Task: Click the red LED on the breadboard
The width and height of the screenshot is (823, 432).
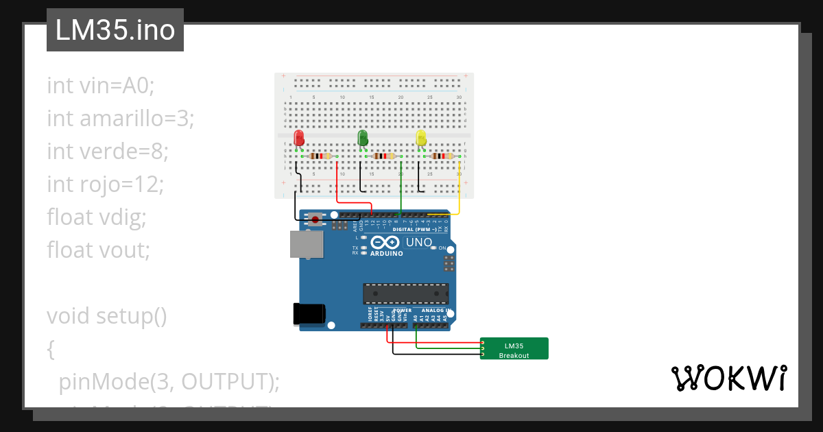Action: [x=298, y=138]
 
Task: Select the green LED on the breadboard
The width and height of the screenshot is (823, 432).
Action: [x=363, y=138]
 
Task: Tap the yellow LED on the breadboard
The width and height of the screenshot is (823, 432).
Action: [x=421, y=139]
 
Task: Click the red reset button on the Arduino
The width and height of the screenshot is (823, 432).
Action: [x=315, y=219]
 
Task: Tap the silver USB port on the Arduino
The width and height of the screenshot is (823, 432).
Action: [x=304, y=243]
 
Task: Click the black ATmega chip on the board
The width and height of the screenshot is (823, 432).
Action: [x=405, y=293]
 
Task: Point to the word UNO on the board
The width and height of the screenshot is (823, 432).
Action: [x=419, y=242]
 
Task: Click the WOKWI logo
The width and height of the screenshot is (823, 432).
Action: [x=728, y=379]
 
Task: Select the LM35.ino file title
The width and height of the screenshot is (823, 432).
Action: [x=115, y=30]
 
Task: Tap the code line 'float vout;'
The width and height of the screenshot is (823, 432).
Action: [x=98, y=250]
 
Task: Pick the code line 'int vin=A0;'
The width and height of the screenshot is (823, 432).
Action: [x=102, y=85]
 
